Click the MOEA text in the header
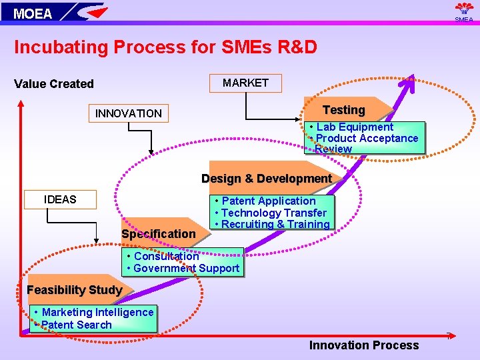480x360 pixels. click(33, 13)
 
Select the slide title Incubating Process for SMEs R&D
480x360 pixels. click(165, 47)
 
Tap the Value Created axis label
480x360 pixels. click(54, 84)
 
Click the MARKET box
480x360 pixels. click(245, 83)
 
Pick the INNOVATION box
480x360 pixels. click(129, 113)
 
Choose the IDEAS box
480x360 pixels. click(60, 199)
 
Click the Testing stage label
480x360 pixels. click(344, 110)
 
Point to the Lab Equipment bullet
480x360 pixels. click(355, 127)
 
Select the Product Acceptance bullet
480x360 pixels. click(367, 138)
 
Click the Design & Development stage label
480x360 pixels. click(267, 179)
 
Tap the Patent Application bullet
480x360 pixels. click(269, 201)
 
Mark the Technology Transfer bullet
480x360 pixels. click(274, 213)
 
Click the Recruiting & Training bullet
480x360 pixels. click(275, 224)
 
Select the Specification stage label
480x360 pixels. click(159, 234)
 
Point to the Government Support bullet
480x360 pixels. click(186, 268)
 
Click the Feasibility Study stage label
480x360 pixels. click(74, 290)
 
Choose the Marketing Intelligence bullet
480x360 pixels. click(97, 312)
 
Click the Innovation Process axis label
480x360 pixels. click(364, 345)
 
